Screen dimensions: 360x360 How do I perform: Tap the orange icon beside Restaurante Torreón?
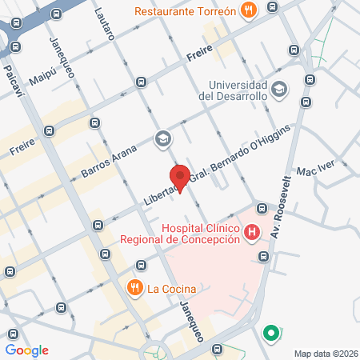(250, 11)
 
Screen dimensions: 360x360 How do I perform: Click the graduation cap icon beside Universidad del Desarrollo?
(278, 88)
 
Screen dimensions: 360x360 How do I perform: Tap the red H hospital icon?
(253, 233)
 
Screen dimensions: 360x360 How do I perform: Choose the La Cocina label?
(171, 288)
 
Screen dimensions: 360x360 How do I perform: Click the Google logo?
(26, 350)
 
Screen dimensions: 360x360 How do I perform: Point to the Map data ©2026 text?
(324, 354)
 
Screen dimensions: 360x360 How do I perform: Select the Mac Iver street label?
(313, 171)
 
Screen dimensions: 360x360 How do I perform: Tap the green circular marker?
(271, 333)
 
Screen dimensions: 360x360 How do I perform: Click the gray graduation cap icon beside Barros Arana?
(163, 139)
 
